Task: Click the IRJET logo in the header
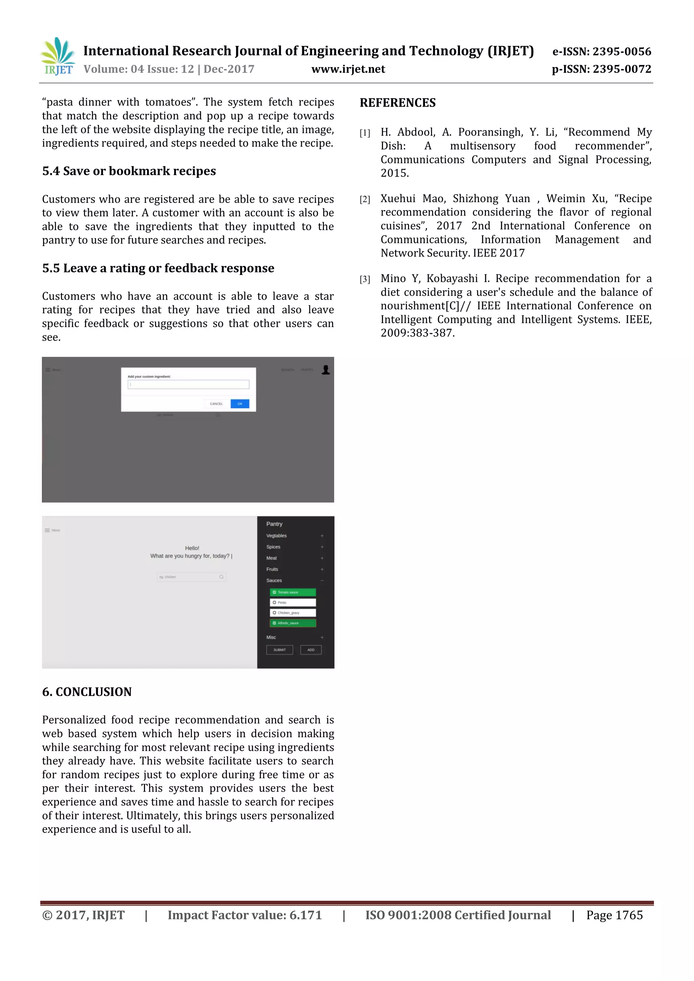click(58, 56)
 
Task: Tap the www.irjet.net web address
click(348, 69)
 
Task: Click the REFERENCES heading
click(397, 103)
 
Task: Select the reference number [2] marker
click(365, 200)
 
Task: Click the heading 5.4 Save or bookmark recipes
click(129, 171)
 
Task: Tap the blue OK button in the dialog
click(240, 404)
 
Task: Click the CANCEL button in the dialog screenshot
click(216, 404)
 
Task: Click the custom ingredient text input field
click(188, 384)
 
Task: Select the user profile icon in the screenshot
click(326, 370)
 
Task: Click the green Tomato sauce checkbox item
click(293, 592)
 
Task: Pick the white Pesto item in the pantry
click(293, 602)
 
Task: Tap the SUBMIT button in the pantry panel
click(280, 650)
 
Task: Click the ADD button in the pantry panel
click(311, 650)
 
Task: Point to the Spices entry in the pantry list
click(273, 547)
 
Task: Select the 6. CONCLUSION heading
click(87, 692)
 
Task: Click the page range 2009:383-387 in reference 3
click(417, 333)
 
